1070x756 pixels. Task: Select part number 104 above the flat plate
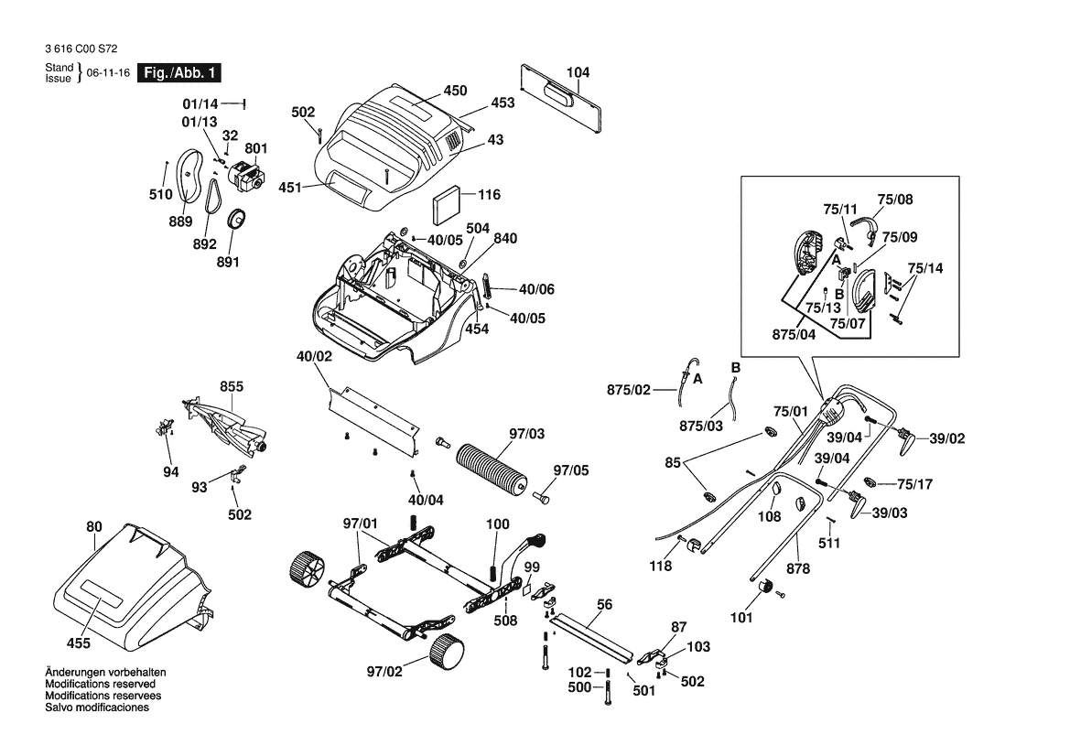click(x=578, y=72)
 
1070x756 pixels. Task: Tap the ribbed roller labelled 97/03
click(x=493, y=469)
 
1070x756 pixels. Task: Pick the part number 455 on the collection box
click(x=78, y=643)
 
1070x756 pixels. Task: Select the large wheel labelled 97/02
click(x=446, y=652)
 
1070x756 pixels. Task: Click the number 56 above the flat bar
click(x=604, y=605)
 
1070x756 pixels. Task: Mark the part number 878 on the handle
click(x=798, y=568)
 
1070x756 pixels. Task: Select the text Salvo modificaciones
click(x=96, y=707)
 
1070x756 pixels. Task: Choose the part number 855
click(x=232, y=387)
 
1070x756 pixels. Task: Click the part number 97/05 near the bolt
click(x=570, y=470)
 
